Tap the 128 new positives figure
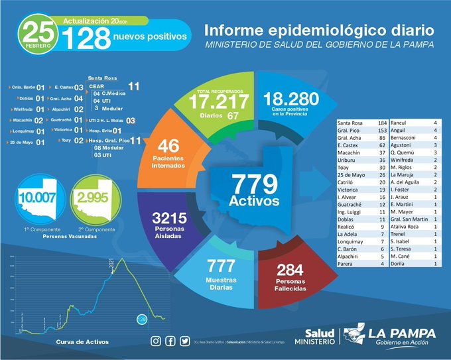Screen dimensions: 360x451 (x=86, y=38)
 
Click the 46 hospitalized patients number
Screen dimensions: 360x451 (x=169, y=145)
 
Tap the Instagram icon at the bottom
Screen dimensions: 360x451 (x=156, y=341)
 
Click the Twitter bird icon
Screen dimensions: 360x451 (x=184, y=341)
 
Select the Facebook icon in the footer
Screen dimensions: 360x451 (x=170, y=341)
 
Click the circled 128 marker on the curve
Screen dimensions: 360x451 (x=141, y=319)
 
